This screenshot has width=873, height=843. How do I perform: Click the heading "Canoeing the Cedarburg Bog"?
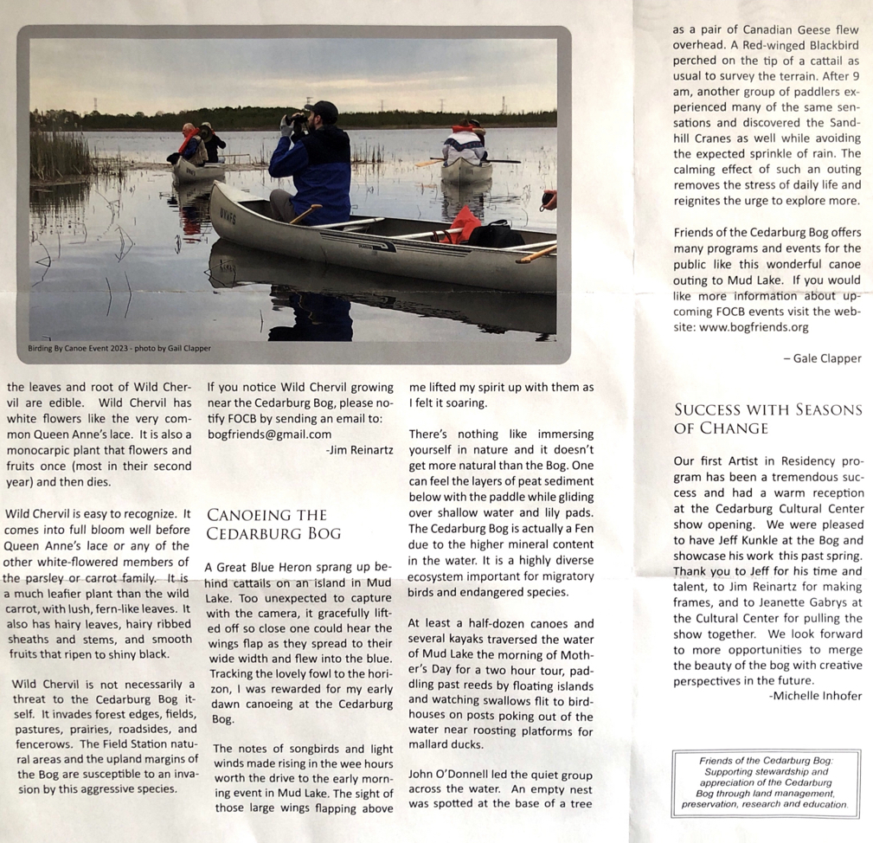coord(273,524)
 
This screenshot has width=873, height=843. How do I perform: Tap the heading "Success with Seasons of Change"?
coord(767,419)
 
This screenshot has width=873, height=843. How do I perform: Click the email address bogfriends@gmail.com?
coord(270,434)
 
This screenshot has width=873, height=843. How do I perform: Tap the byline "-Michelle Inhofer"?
coord(815,696)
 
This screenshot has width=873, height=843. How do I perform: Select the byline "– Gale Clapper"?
coord(827,358)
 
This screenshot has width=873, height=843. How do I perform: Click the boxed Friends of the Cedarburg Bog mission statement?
coord(767,783)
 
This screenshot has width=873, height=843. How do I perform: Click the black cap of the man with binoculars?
coord(324,110)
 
